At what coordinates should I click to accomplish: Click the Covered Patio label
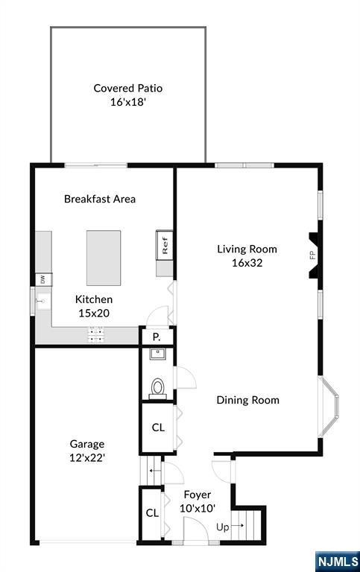click(x=127, y=88)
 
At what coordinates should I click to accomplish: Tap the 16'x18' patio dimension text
click(x=127, y=102)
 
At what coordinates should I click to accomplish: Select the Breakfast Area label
click(x=100, y=199)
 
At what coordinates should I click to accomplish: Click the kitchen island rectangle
click(x=104, y=258)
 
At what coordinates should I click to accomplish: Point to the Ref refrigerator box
click(x=165, y=245)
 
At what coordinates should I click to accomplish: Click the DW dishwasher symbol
click(x=42, y=279)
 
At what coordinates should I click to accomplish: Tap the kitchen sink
click(x=42, y=302)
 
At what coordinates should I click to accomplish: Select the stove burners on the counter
click(x=96, y=334)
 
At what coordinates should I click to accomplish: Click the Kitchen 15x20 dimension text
click(x=94, y=314)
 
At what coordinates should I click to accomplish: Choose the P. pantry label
click(x=157, y=337)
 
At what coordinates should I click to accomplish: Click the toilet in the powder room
click(x=157, y=388)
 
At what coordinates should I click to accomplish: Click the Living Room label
click(x=247, y=250)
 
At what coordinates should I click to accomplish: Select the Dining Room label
click(x=247, y=400)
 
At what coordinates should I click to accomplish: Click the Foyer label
click(x=197, y=495)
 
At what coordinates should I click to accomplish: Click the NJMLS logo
click(x=337, y=561)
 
